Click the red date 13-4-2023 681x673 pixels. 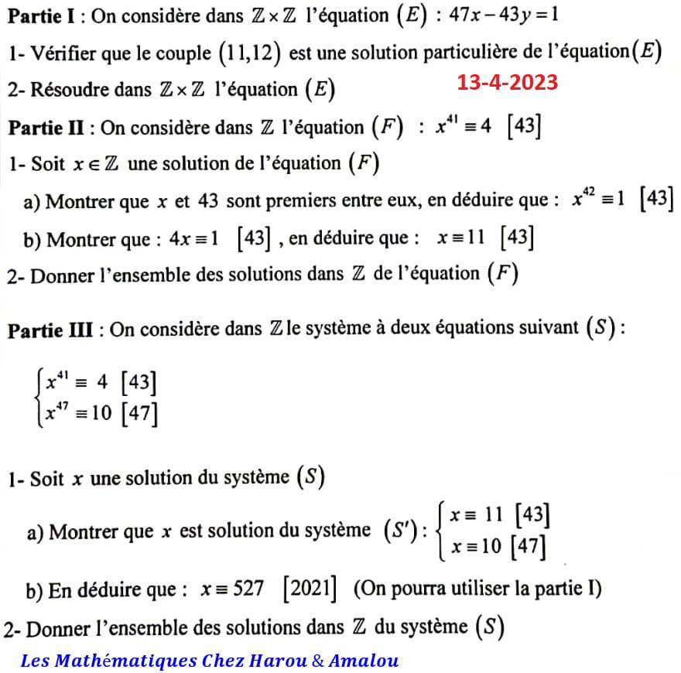pyautogui.click(x=507, y=82)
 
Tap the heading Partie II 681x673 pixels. pyautogui.click(x=51, y=127)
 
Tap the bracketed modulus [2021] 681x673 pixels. pyautogui.click(x=310, y=589)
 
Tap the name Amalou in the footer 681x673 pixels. pyautogui.click(x=364, y=661)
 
